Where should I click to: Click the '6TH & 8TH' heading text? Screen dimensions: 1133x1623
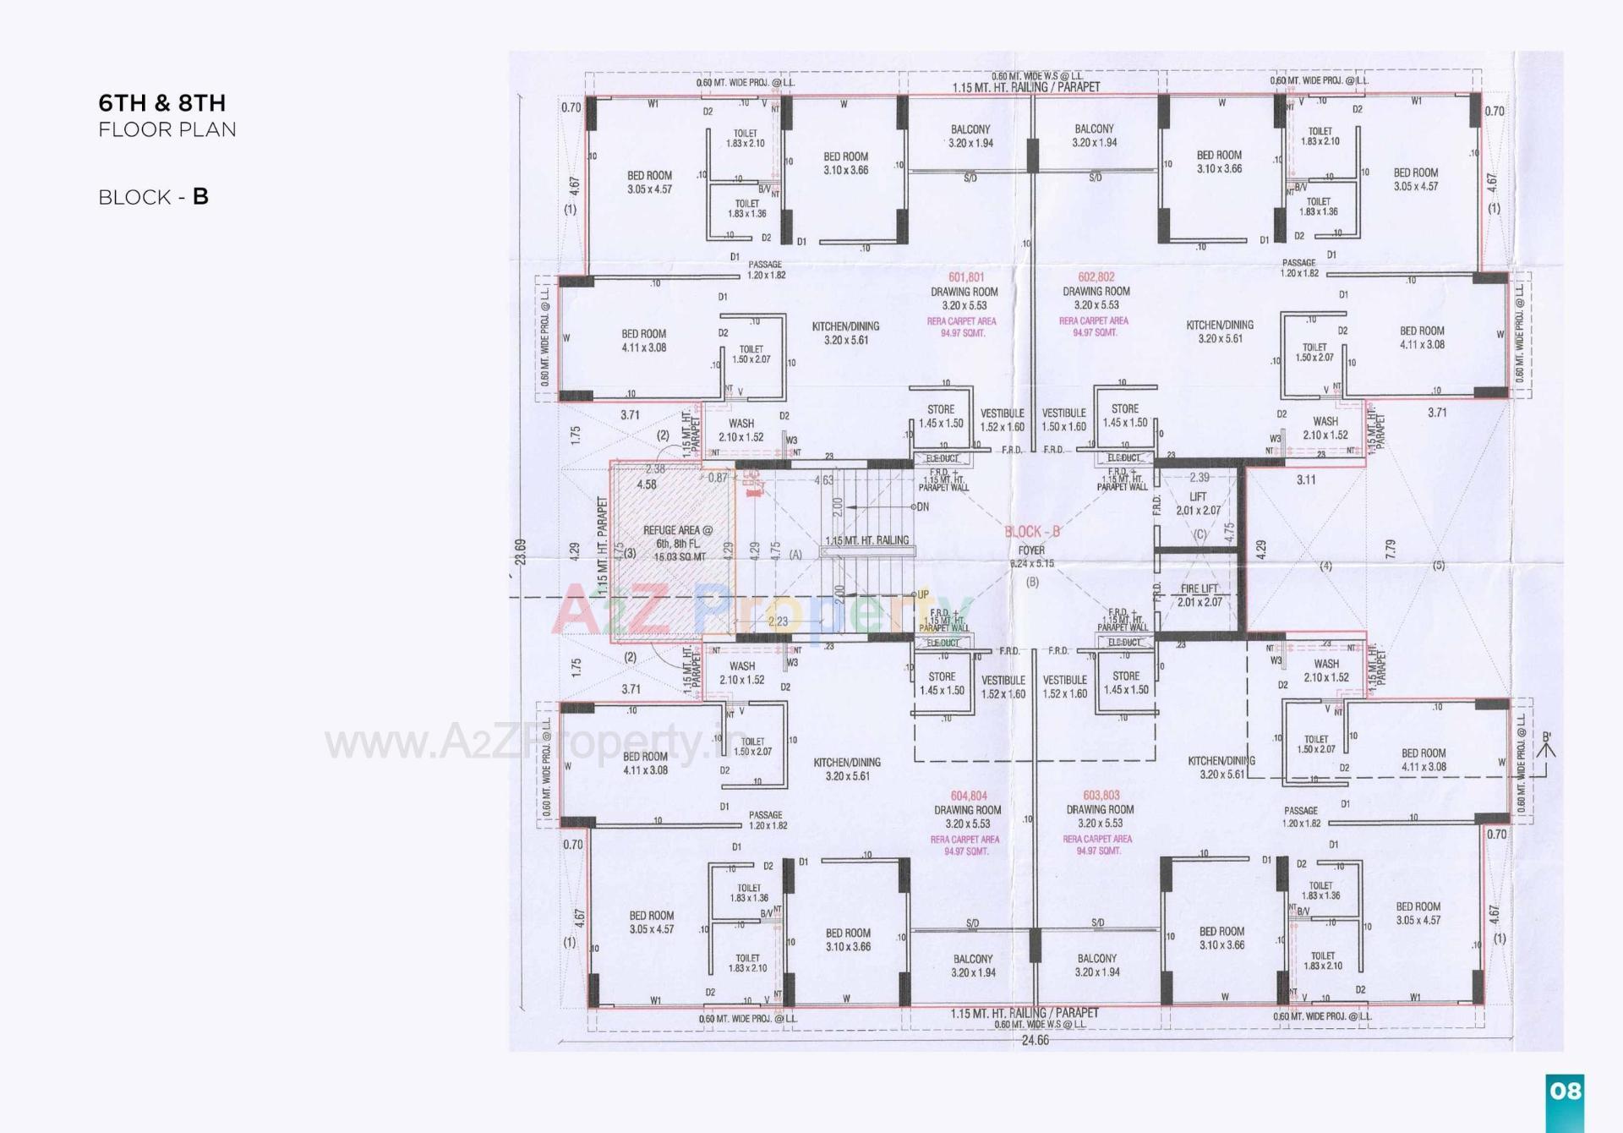(161, 103)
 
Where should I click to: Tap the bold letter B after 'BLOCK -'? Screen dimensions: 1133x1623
(200, 196)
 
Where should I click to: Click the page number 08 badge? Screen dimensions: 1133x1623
(1565, 1091)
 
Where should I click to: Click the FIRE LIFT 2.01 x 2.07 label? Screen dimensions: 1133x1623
(1199, 595)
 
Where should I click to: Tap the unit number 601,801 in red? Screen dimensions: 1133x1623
(965, 277)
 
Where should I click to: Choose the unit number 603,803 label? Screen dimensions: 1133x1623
(1101, 796)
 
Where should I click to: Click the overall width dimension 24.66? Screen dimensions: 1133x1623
(1035, 1040)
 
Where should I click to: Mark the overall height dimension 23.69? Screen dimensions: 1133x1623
(521, 552)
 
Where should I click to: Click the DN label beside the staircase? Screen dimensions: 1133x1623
(922, 506)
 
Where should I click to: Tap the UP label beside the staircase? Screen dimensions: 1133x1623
(922, 594)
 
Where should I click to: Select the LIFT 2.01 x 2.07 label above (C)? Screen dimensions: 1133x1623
(1198, 504)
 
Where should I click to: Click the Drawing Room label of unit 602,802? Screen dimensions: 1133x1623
(1096, 298)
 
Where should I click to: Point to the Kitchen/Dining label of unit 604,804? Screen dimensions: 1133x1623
(847, 769)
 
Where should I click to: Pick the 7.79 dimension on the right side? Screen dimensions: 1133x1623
(1391, 549)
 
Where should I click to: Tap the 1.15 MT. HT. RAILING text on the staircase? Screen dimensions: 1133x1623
(866, 540)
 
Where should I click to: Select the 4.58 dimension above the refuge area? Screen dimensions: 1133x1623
(647, 484)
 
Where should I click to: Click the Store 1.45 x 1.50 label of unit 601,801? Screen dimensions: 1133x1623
(941, 416)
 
